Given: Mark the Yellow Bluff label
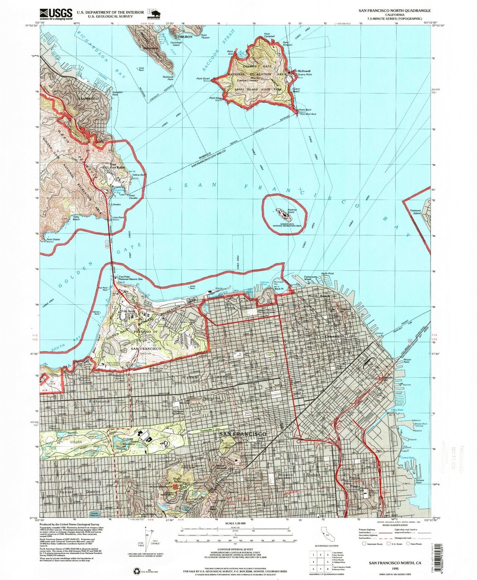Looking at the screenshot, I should click(139, 175).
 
